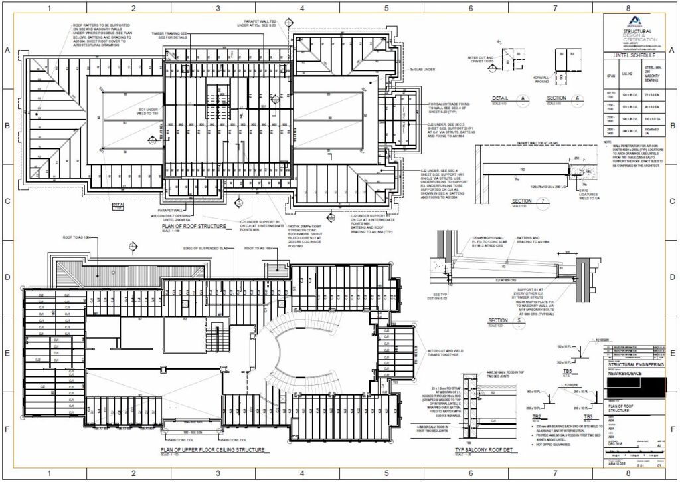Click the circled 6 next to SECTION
(x=578, y=98)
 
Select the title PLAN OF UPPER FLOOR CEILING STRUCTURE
(x=212, y=450)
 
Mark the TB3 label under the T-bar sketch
(x=588, y=417)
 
